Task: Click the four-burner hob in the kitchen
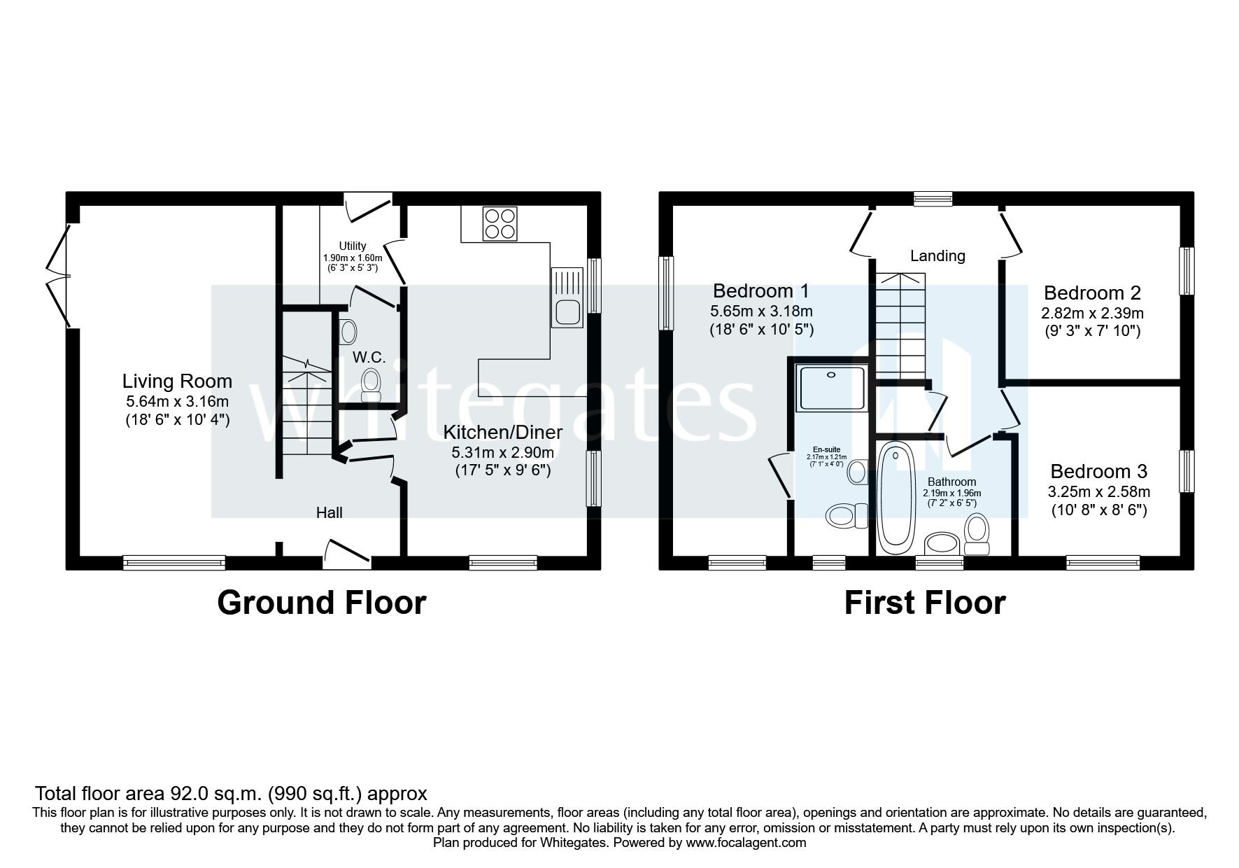pos(500,224)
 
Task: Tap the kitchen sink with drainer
pos(566,297)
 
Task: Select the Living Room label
pos(177,381)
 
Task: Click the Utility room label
pos(352,246)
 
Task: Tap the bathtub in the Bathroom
pos(893,497)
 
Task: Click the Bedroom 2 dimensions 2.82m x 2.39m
pos(1093,313)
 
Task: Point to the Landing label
pos(937,256)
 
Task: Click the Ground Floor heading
pos(321,603)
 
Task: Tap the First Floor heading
pos(925,603)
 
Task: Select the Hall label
pos(329,512)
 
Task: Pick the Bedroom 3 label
pos(1098,471)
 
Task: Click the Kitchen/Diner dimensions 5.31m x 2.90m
pos(502,452)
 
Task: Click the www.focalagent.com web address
pos(746,843)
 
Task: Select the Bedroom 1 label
pos(760,290)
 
